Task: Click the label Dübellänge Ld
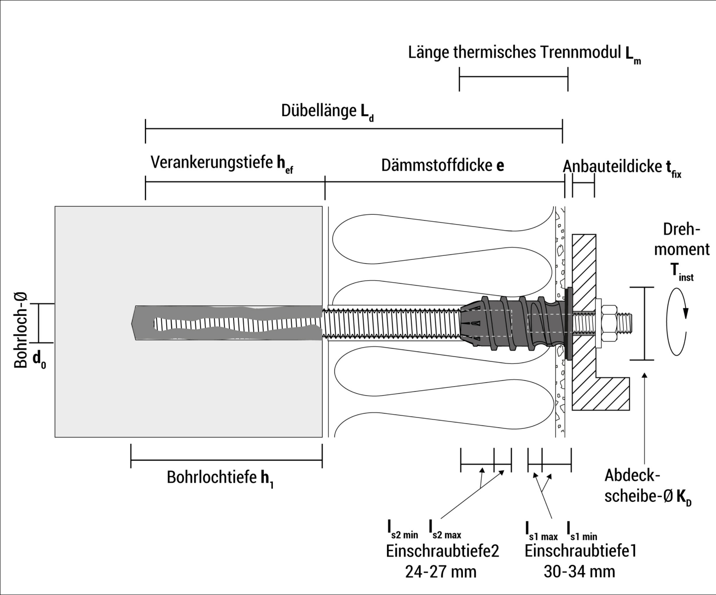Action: point(327,112)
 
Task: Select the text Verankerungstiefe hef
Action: point(221,164)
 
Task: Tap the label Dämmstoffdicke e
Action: point(442,166)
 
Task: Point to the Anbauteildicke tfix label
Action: point(622,168)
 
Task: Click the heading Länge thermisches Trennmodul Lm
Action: point(524,54)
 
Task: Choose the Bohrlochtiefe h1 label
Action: point(220,478)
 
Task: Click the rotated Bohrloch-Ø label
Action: point(21,330)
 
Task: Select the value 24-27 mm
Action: point(441,572)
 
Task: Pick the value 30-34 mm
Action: point(579,572)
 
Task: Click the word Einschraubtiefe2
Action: point(442,551)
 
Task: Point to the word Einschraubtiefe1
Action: point(580,551)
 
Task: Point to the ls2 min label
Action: point(402,529)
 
